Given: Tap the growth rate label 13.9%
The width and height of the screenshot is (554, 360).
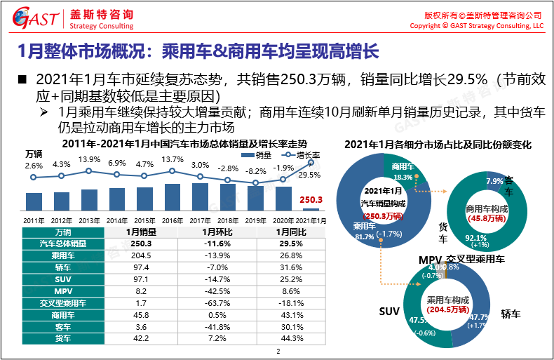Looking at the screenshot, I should click(x=89, y=159).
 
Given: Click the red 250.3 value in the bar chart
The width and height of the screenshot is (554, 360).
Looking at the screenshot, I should click(x=311, y=200).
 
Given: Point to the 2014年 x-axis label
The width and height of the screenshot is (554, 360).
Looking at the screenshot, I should click(x=117, y=220).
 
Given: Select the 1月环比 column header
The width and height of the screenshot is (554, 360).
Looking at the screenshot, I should click(x=215, y=232).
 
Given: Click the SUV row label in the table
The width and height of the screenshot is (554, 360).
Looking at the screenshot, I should click(x=64, y=279).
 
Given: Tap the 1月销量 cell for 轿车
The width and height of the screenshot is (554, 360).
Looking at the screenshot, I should click(x=141, y=267).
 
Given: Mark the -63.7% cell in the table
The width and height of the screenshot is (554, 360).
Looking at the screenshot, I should click(x=215, y=303).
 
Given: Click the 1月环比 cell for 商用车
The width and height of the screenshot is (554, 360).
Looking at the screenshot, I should click(x=215, y=314).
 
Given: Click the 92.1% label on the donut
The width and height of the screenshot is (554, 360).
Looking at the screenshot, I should click(x=476, y=238).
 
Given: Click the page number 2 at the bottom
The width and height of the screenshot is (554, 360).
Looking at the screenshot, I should click(x=278, y=352).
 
